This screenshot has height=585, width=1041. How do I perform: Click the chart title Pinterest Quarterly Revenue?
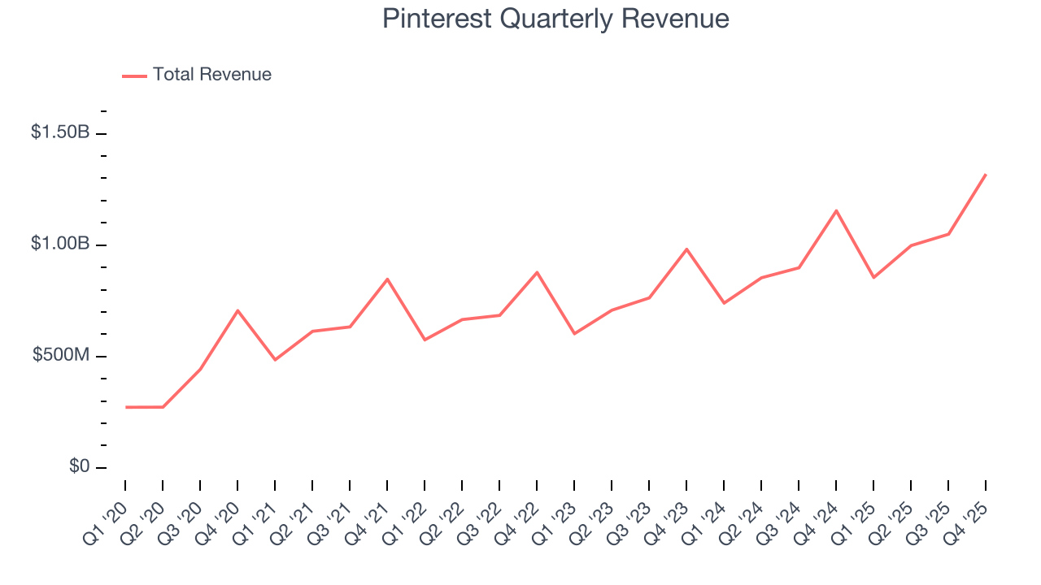click(x=555, y=19)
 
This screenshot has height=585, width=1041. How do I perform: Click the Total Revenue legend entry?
click(x=211, y=75)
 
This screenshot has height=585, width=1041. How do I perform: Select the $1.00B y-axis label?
click(x=60, y=244)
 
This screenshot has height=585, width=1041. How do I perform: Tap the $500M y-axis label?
click(x=60, y=355)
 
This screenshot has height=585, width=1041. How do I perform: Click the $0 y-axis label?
click(x=78, y=466)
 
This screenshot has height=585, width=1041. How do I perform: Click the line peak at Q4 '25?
click(x=986, y=174)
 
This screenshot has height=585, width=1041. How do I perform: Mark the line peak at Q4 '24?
click(x=836, y=210)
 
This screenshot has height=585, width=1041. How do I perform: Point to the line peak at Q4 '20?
click(x=237, y=310)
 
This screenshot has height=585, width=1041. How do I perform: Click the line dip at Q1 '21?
click(x=275, y=360)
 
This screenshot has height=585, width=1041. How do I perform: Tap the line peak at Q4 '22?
click(x=537, y=272)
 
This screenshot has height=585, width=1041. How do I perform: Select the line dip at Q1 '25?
click(x=873, y=278)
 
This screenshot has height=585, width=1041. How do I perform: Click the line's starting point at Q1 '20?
click(x=126, y=407)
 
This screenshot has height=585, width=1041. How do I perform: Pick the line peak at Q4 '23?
click(x=686, y=249)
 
